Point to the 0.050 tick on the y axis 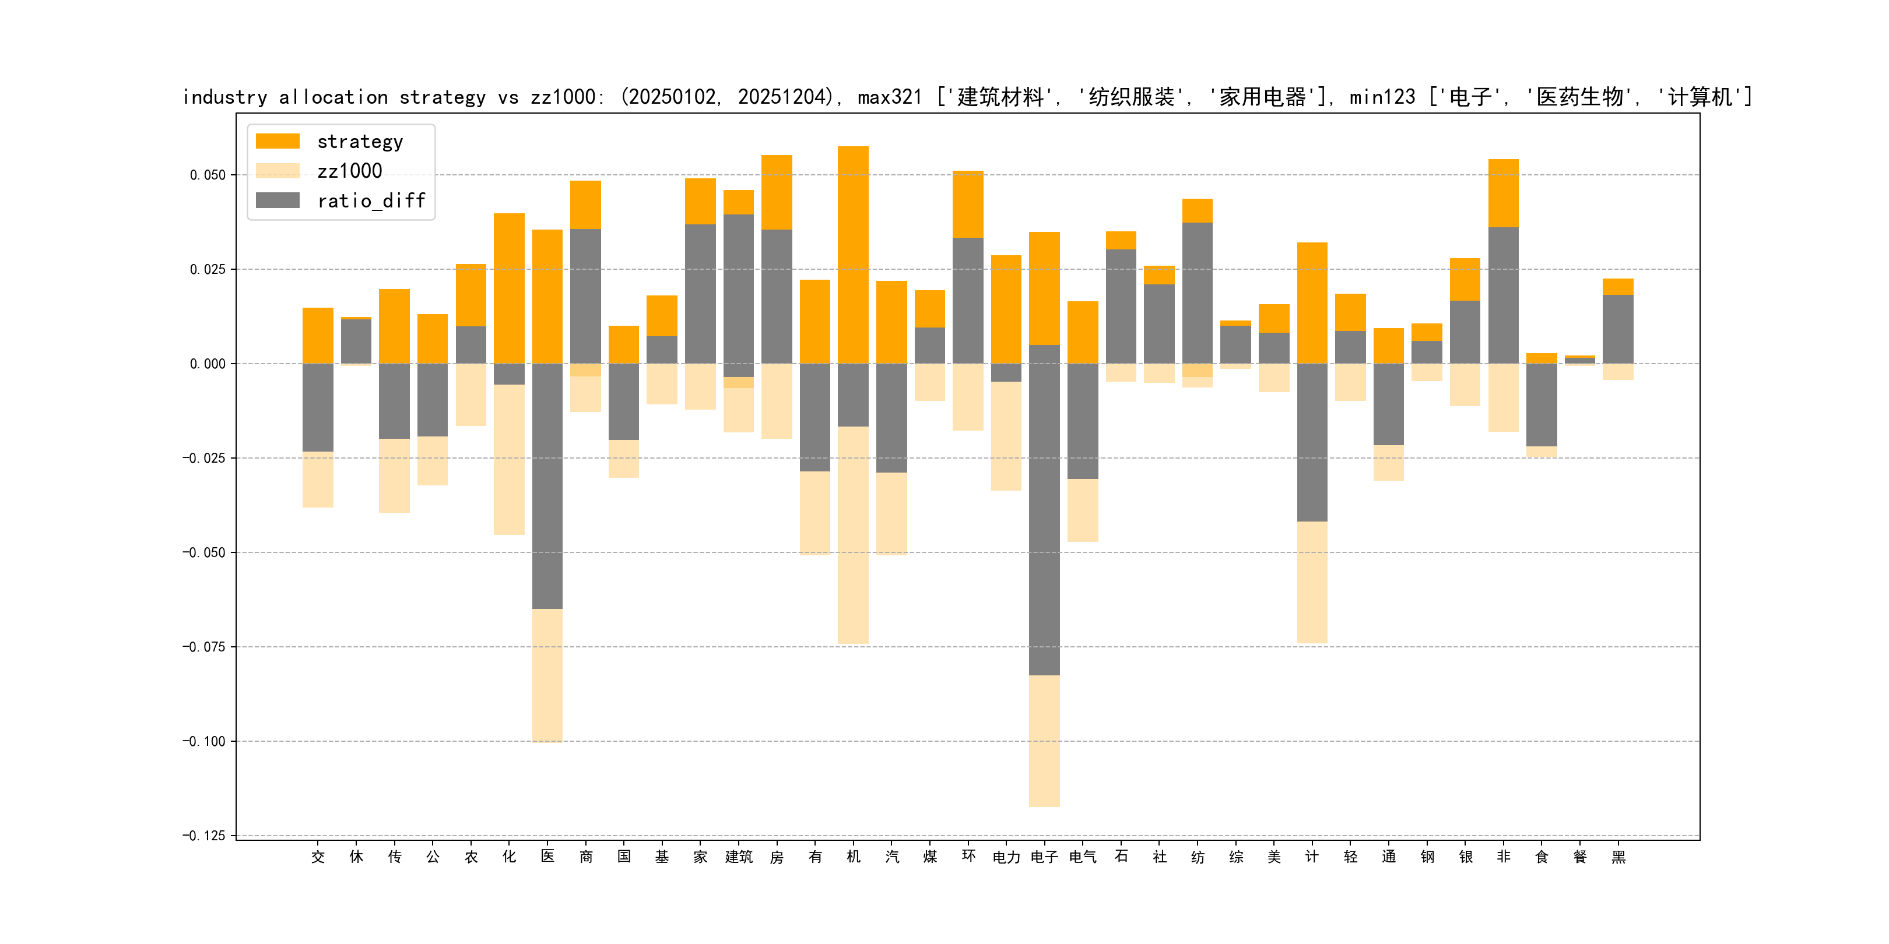[208, 175]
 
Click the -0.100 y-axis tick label [204, 742]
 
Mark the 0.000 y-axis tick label [208, 364]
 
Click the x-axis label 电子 [1044, 857]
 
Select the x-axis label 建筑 [739, 857]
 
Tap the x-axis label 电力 [1006, 857]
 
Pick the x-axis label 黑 [1618, 857]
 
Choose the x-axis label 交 [318, 857]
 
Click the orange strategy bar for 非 [1503, 193]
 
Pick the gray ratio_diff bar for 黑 [1618, 329]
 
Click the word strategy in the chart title [442, 97]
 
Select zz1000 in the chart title [563, 97]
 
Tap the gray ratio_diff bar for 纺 [1197, 293]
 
